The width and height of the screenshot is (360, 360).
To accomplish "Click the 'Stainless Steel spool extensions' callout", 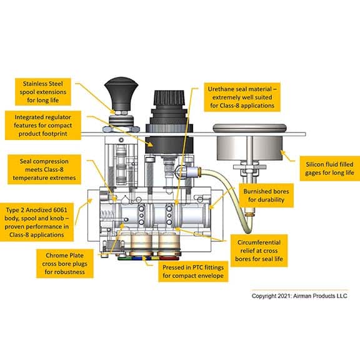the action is [43, 92].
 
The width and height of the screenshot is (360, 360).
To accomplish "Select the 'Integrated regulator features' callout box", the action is [43, 126].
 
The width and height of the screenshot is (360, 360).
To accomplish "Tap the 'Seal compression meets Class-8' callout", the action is [44, 169].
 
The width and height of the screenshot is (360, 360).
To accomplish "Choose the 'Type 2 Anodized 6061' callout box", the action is [37, 222].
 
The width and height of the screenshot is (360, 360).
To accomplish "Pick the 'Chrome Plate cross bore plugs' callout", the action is [65, 264].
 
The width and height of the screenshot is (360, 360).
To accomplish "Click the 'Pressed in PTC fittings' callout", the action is [193, 271].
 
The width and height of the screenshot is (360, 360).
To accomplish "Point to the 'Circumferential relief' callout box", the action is [259, 251].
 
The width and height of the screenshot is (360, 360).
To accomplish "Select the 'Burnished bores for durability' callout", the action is [266, 196].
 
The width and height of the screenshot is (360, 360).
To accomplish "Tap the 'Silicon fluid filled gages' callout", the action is [330, 169].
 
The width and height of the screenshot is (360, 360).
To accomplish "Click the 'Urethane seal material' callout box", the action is [242, 97].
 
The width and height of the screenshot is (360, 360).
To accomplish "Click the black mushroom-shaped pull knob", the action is [121, 94].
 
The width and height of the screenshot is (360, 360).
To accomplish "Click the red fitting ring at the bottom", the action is [169, 258].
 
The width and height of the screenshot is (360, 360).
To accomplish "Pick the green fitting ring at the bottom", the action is [124, 258].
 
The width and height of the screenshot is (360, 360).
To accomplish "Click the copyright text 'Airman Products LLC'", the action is [320, 296].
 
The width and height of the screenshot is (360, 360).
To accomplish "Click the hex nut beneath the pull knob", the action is [121, 129].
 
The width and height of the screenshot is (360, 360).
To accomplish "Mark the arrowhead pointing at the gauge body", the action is [283, 152].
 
